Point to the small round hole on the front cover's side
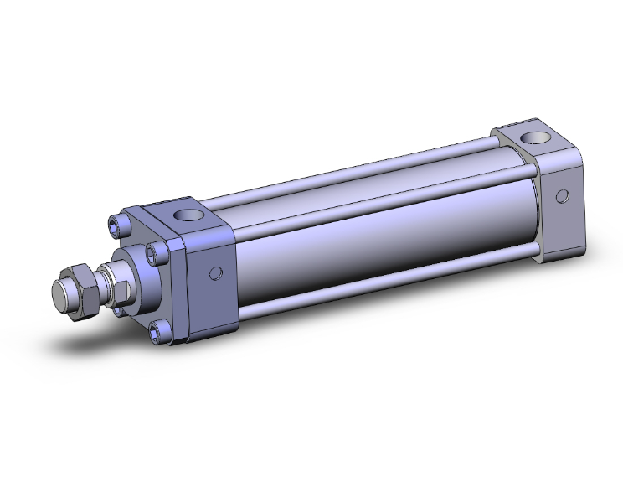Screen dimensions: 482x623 [218, 272]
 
